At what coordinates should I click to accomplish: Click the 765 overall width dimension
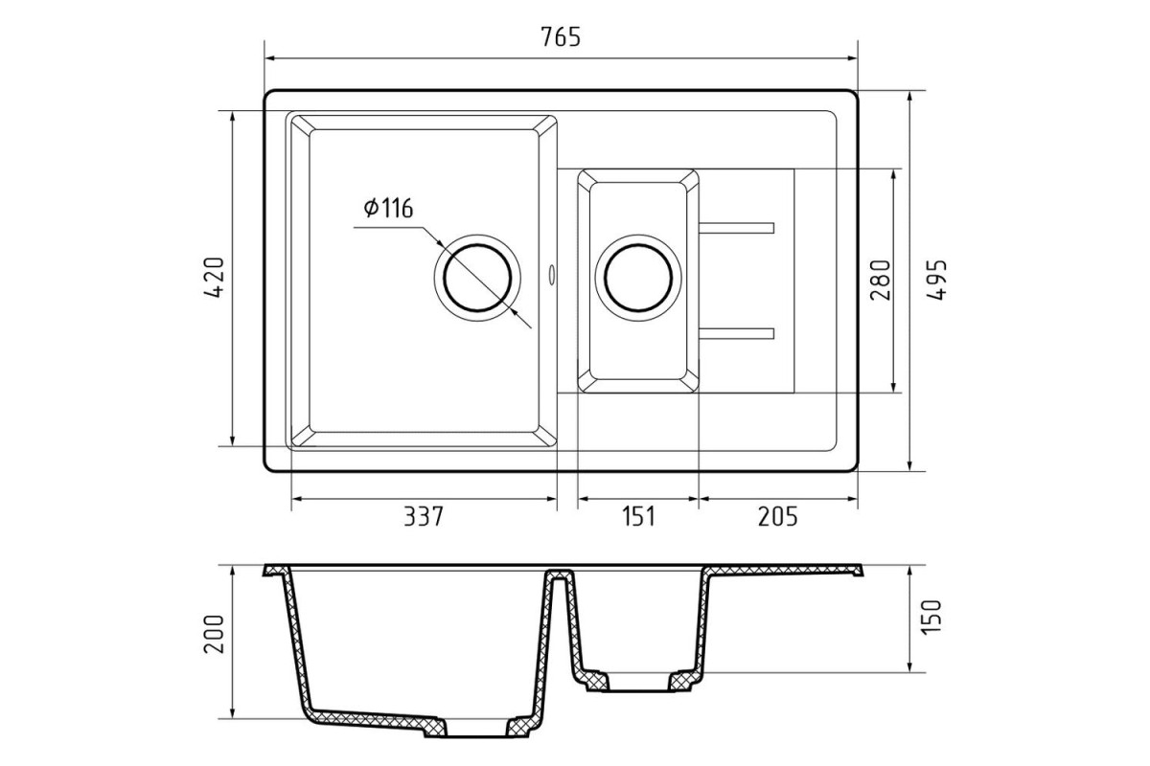coord(561,37)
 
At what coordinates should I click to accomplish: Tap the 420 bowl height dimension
coord(215,278)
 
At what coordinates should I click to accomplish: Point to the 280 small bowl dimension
coord(880,281)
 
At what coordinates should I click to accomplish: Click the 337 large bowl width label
coord(423,517)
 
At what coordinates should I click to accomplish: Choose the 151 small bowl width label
coord(638,517)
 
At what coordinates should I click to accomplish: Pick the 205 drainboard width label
coord(778,517)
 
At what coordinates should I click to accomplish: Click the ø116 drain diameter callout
coord(389,208)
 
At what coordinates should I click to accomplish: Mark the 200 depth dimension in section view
coord(215,634)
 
